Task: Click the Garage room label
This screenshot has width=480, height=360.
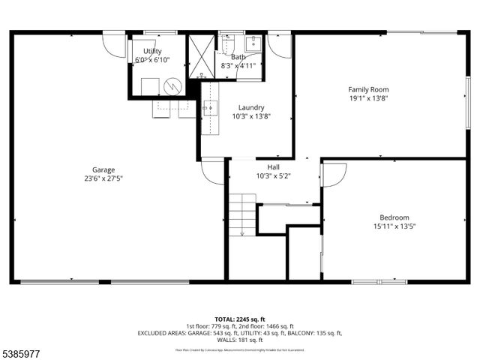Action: click(x=103, y=169)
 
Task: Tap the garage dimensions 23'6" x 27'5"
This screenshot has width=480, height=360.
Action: click(x=103, y=178)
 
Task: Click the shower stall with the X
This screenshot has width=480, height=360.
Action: click(x=201, y=56)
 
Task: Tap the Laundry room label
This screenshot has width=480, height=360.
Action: click(x=251, y=107)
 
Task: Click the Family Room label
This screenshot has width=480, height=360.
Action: click(x=368, y=89)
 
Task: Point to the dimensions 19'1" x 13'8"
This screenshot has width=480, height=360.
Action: click(x=368, y=98)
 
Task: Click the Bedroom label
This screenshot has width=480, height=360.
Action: click(x=394, y=217)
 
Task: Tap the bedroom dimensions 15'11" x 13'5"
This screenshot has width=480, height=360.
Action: click(x=394, y=226)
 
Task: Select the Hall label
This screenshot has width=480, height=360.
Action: click(x=273, y=166)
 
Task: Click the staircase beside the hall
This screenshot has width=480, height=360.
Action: click(x=242, y=214)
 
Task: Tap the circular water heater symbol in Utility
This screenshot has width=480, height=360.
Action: click(x=173, y=86)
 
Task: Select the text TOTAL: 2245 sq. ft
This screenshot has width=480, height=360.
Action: click(x=239, y=319)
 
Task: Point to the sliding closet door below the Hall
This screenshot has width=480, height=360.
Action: click(x=289, y=204)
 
